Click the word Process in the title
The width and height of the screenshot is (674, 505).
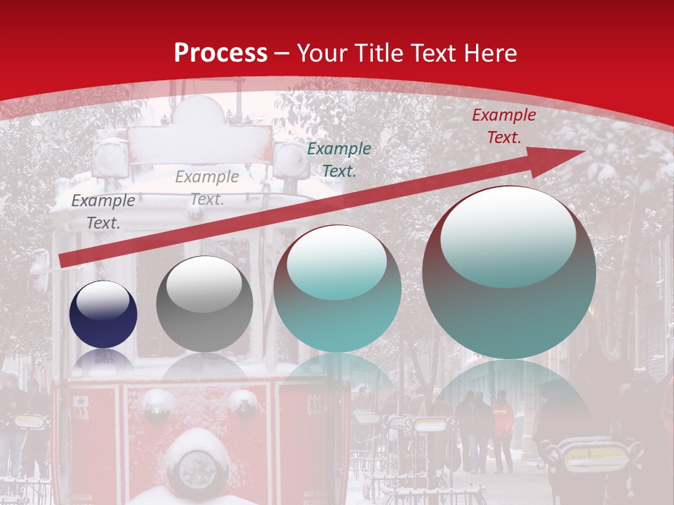coord(220,53)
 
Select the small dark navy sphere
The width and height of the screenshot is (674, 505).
coord(103,314)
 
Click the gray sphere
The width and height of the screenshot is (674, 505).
coord(204,304)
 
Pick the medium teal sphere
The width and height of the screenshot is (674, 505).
coord(337,288)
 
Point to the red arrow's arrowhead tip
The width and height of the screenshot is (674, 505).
coord(583,151)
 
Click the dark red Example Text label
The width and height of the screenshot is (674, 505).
coord(503,126)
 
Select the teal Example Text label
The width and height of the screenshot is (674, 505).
coord(339,159)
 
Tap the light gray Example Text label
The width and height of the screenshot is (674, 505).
coord(207,188)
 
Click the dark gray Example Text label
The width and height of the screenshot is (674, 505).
coord(103,212)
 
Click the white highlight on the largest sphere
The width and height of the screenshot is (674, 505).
coord(508,237)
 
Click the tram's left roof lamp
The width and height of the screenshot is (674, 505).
coord(111,158)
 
